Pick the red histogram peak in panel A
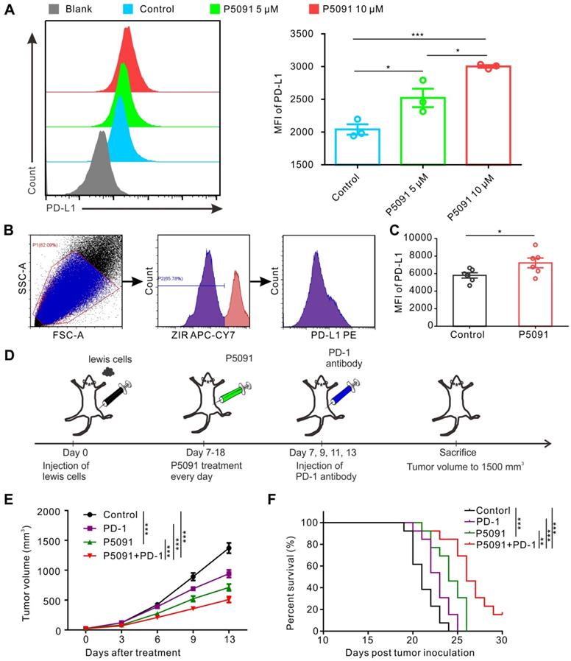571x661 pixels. pos(127,29)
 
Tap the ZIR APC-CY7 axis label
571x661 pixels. pos(210,335)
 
